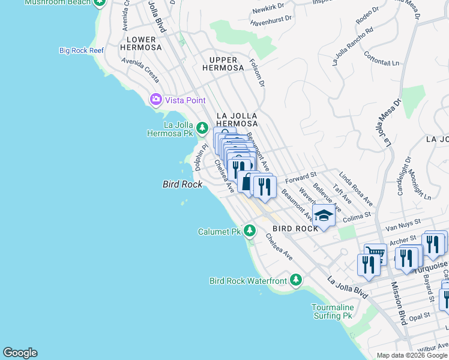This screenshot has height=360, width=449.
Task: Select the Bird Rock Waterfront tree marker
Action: click(295, 280)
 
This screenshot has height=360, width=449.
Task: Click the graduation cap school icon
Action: click(324, 216)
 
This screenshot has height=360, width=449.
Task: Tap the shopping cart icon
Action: click(375, 254)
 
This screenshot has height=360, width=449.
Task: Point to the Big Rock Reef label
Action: click(82, 50)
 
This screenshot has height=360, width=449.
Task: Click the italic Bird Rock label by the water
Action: click(182, 184)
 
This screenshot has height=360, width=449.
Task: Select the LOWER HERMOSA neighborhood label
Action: click(141, 43)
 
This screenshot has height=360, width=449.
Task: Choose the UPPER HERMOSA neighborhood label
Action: click(227, 64)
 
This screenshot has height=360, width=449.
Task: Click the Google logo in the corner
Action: click(20, 353)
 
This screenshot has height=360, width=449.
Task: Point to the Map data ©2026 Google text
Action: click(411, 355)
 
